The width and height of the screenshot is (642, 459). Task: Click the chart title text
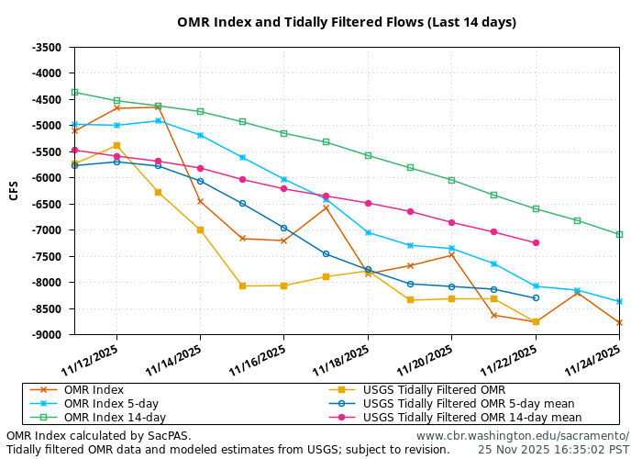[347, 22]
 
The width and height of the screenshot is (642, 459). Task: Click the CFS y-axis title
[14, 190]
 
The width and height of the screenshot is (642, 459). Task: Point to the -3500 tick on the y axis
[46, 47]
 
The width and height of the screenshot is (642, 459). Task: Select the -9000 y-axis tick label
[46, 335]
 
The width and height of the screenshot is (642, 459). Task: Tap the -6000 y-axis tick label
[46, 178]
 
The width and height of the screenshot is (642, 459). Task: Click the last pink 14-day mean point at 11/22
[536, 242]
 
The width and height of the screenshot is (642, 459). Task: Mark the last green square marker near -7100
[619, 234]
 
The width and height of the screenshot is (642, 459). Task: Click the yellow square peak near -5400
[116, 145]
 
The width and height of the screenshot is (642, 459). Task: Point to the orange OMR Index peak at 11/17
[326, 207]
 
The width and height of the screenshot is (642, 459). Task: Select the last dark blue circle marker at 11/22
[536, 297]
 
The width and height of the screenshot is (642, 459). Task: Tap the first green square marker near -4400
[74, 92]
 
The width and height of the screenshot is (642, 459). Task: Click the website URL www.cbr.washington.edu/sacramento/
[522, 436]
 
